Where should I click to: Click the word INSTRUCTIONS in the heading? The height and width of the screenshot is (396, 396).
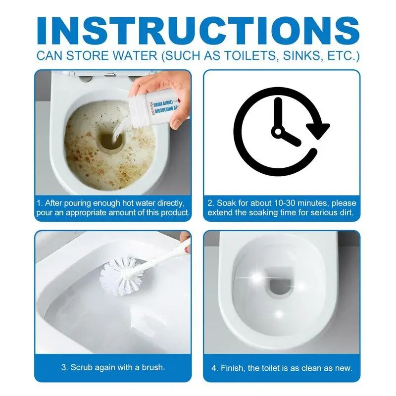198,31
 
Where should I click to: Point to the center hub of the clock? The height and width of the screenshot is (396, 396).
278,132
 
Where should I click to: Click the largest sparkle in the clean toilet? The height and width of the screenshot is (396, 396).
257,277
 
